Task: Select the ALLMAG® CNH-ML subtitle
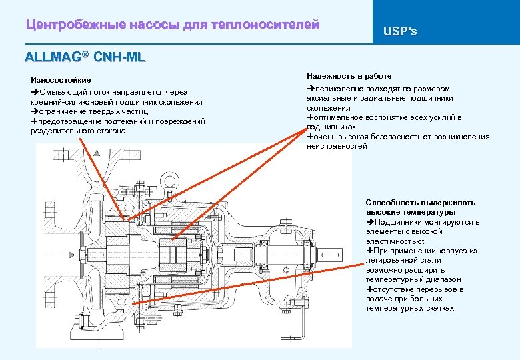pos(85,57)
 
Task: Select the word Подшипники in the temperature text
pos(397,222)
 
